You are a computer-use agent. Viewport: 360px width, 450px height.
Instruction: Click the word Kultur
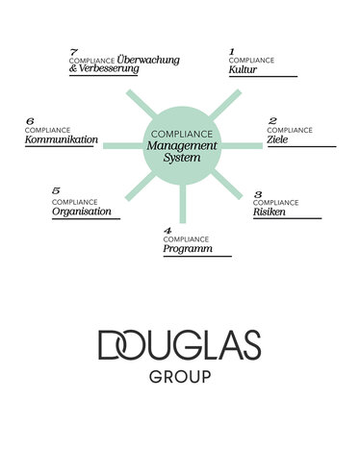[243, 70]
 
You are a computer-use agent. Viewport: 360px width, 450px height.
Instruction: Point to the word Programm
[187, 249]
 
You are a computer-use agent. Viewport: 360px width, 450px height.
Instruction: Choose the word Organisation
[82, 212]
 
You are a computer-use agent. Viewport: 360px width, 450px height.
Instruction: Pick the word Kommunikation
[62, 139]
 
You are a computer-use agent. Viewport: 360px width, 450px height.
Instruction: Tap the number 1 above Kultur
[232, 50]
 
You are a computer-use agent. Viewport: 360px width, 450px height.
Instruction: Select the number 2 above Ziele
[272, 120]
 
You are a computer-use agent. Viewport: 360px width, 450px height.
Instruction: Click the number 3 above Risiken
[257, 193]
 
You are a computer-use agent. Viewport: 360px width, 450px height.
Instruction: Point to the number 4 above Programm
[167, 231]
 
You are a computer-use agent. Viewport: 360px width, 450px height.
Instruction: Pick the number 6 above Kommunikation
[30, 121]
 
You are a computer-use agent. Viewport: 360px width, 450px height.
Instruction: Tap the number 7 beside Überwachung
[74, 50]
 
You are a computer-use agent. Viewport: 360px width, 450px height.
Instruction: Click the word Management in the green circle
[181, 145]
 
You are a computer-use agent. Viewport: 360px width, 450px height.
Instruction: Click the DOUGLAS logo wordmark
[180, 343]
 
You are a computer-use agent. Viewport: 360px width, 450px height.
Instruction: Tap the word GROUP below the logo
[180, 376]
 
